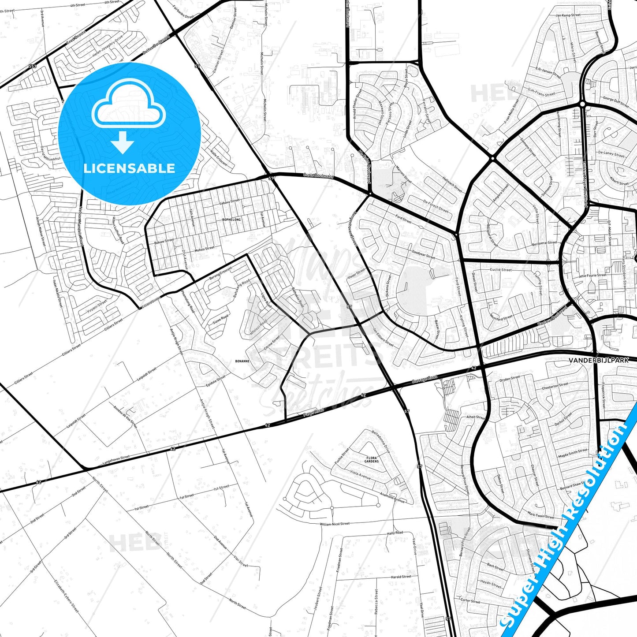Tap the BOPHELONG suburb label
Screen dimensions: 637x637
[x=231, y=219]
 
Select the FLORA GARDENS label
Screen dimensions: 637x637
[x=372, y=460]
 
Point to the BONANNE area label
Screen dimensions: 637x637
[x=242, y=361]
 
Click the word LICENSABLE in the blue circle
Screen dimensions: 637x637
[x=129, y=168]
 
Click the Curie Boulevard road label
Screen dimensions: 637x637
[x=318, y=176]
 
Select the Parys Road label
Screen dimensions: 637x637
[x=313, y=413]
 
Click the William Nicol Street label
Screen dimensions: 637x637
[x=335, y=524]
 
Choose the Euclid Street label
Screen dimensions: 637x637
[x=501, y=269]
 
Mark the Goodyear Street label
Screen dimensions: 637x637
[x=423, y=254]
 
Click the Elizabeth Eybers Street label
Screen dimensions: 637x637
[x=66, y=596]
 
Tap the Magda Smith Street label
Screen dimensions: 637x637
[x=573, y=453]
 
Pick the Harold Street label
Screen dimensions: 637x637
[x=401, y=577]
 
